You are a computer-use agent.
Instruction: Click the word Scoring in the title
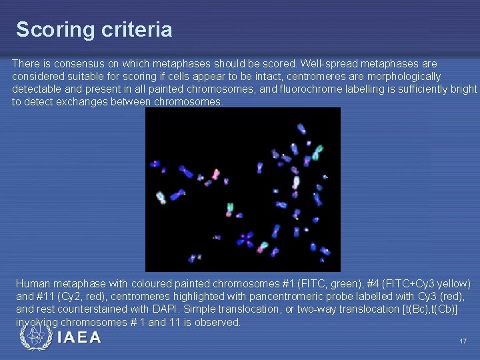coord(46,30)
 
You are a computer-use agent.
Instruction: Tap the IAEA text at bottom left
coord(79,338)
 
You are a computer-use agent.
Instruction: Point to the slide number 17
coord(463,341)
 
